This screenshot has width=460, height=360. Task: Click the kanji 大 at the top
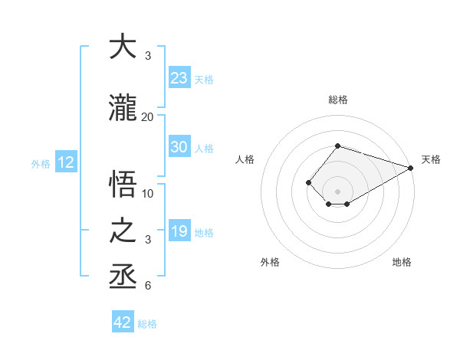(x=123, y=47)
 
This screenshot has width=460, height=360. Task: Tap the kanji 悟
(x=123, y=185)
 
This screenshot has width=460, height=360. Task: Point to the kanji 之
(x=123, y=231)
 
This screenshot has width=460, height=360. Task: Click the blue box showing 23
(x=179, y=78)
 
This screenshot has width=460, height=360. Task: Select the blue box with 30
(x=179, y=147)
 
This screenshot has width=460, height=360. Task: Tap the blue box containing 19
(x=179, y=231)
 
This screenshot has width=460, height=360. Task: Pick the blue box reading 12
(x=65, y=162)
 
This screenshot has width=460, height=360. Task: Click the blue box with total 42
(x=123, y=322)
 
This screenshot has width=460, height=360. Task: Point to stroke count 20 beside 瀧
(x=148, y=116)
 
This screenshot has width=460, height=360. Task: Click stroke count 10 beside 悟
(x=148, y=193)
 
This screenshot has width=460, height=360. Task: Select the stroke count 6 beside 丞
(x=148, y=286)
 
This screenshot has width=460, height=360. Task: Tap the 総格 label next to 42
(x=148, y=324)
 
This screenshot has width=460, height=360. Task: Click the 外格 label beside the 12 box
(x=41, y=163)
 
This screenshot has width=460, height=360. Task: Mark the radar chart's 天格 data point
(x=412, y=168)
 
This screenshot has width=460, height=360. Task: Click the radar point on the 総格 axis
(x=337, y=146)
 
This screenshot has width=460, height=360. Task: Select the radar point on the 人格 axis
(x=308, y=182)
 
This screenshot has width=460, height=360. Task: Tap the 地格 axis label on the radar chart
(x=402, y=262)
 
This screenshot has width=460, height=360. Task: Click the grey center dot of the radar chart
(x=337, y=191)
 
